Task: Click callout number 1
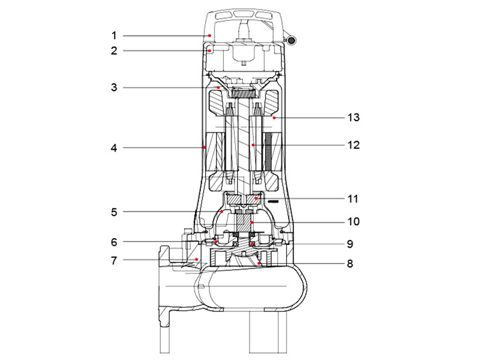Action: [114, 36]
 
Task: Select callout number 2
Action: [114, 51]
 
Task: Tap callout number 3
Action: [114, 88]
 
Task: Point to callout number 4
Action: [114, 146]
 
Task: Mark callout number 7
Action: [114, 260]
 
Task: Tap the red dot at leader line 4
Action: [205, 146]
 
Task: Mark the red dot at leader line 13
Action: [273, 119]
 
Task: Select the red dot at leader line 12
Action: [254, 145]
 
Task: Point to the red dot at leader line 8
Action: [259, 262]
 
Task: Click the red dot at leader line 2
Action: [209, 52]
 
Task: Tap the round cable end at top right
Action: [292, 40]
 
